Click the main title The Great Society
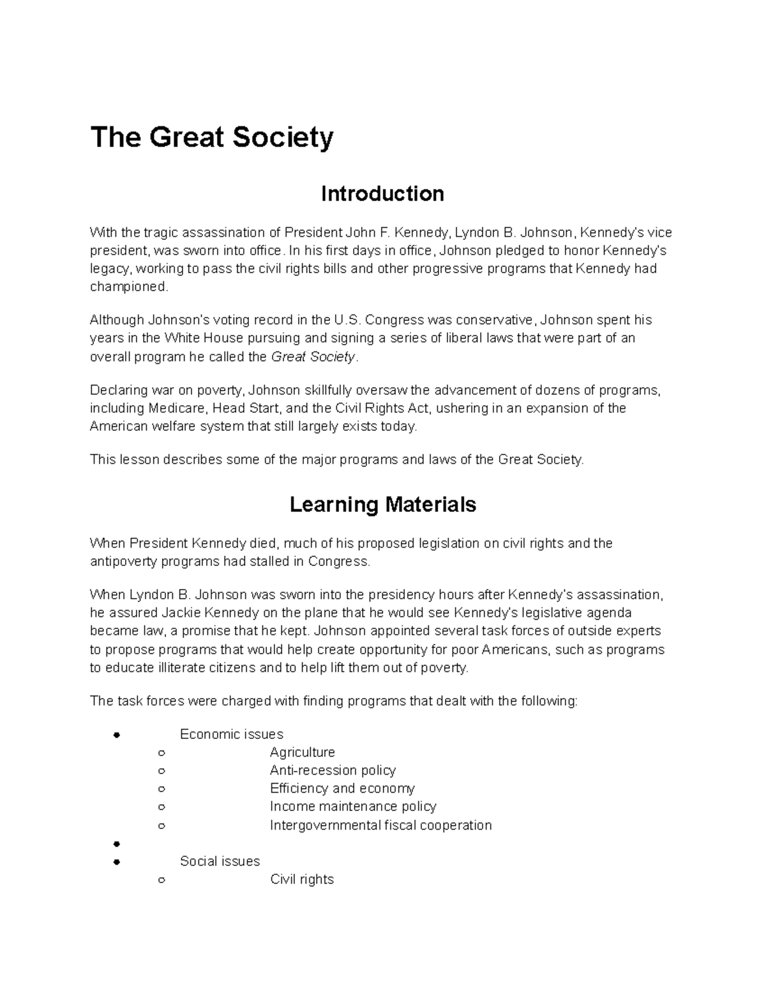[x=212, y=138]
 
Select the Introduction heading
[x=382, y=193]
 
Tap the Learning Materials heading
[x=382, y=505]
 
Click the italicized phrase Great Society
[x=313, y=357]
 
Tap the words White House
[x=199, y=338]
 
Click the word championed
[x=128, y=287]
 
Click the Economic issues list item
[x=232, y=734]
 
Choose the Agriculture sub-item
[x=302, y=753]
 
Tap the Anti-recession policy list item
[x=333, y=771]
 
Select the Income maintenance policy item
[x=353, y=807]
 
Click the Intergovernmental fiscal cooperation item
[x=380, y=825]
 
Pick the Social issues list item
[x=220, y=861]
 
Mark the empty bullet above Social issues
[x=116, y=844]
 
